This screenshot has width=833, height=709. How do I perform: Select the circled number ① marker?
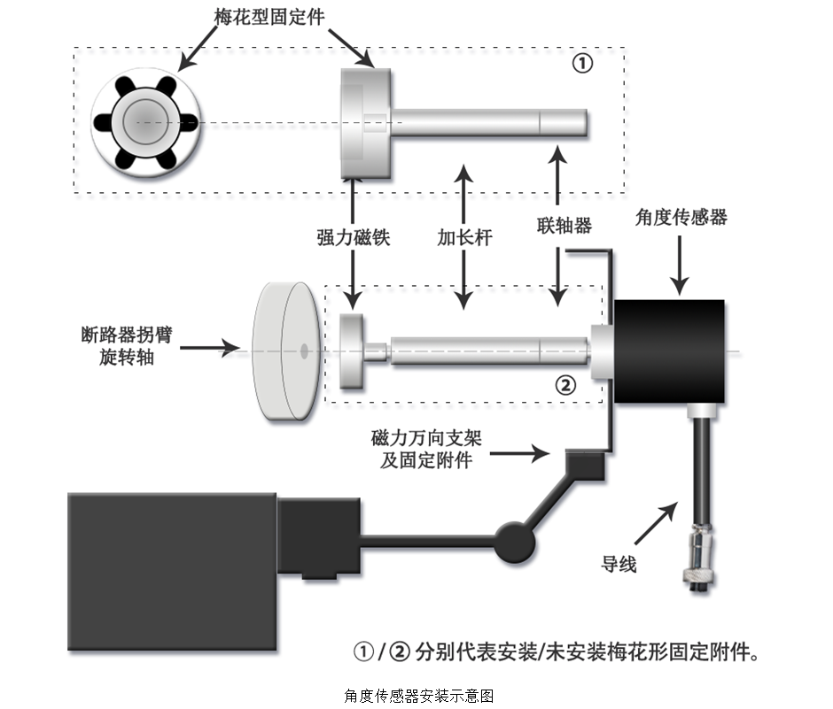click(x=581, y=65)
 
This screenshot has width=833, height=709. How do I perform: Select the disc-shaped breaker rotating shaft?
click(x=285, y=351)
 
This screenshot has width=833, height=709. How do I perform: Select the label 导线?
click(x=619, y=563)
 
